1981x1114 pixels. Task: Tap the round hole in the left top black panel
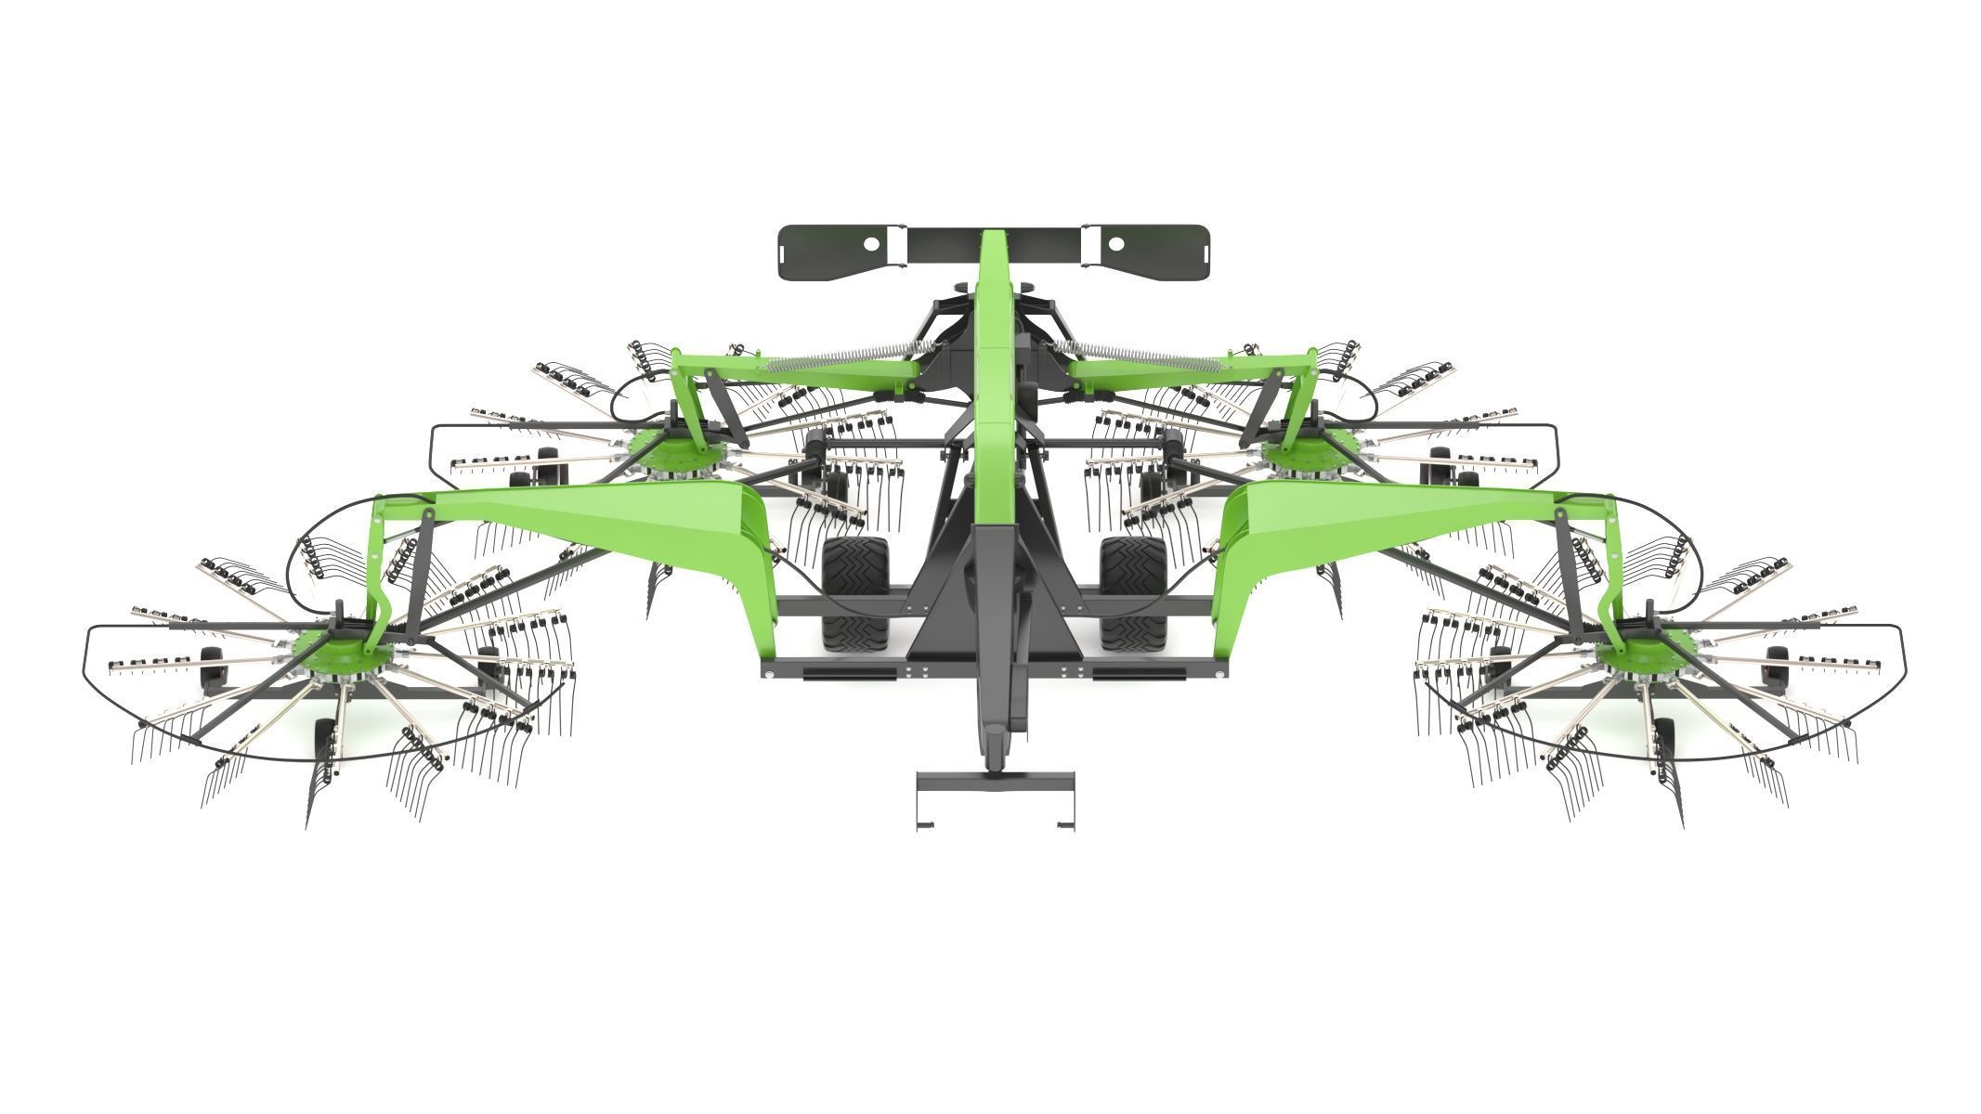[872, 243]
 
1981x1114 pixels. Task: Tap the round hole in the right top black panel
[1116, 243]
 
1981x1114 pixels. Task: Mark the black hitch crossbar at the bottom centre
[995, 778]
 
